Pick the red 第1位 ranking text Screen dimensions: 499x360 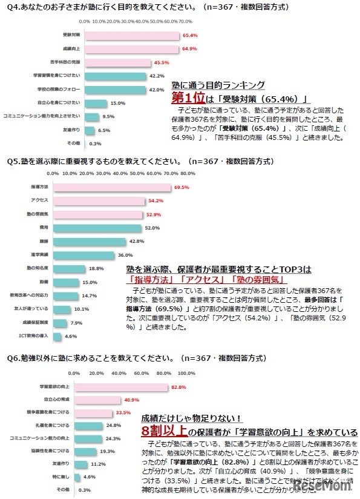(x=187, y=99)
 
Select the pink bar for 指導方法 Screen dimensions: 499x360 (x=112, y=188)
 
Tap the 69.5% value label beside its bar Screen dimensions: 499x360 (x=182, y=188)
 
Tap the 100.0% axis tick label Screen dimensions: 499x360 (x=186, y=373)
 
